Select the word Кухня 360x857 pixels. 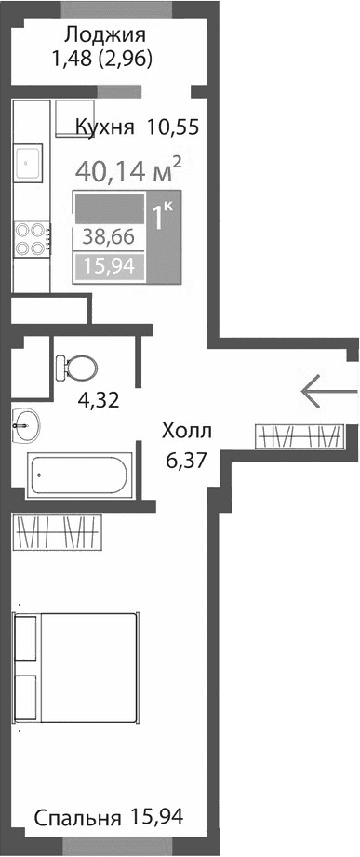tap(104, 127)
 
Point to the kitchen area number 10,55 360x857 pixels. tap(173, 127)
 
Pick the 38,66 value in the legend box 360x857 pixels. tap(108, 236)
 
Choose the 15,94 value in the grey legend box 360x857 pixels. tap(108, 267)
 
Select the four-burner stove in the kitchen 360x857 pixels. tap(31, 239)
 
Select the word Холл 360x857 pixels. tap(187, 431)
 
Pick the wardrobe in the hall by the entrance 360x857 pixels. tap(300, 435)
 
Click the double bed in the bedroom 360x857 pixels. tap(77, 668)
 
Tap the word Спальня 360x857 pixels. tap(78, 818)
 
